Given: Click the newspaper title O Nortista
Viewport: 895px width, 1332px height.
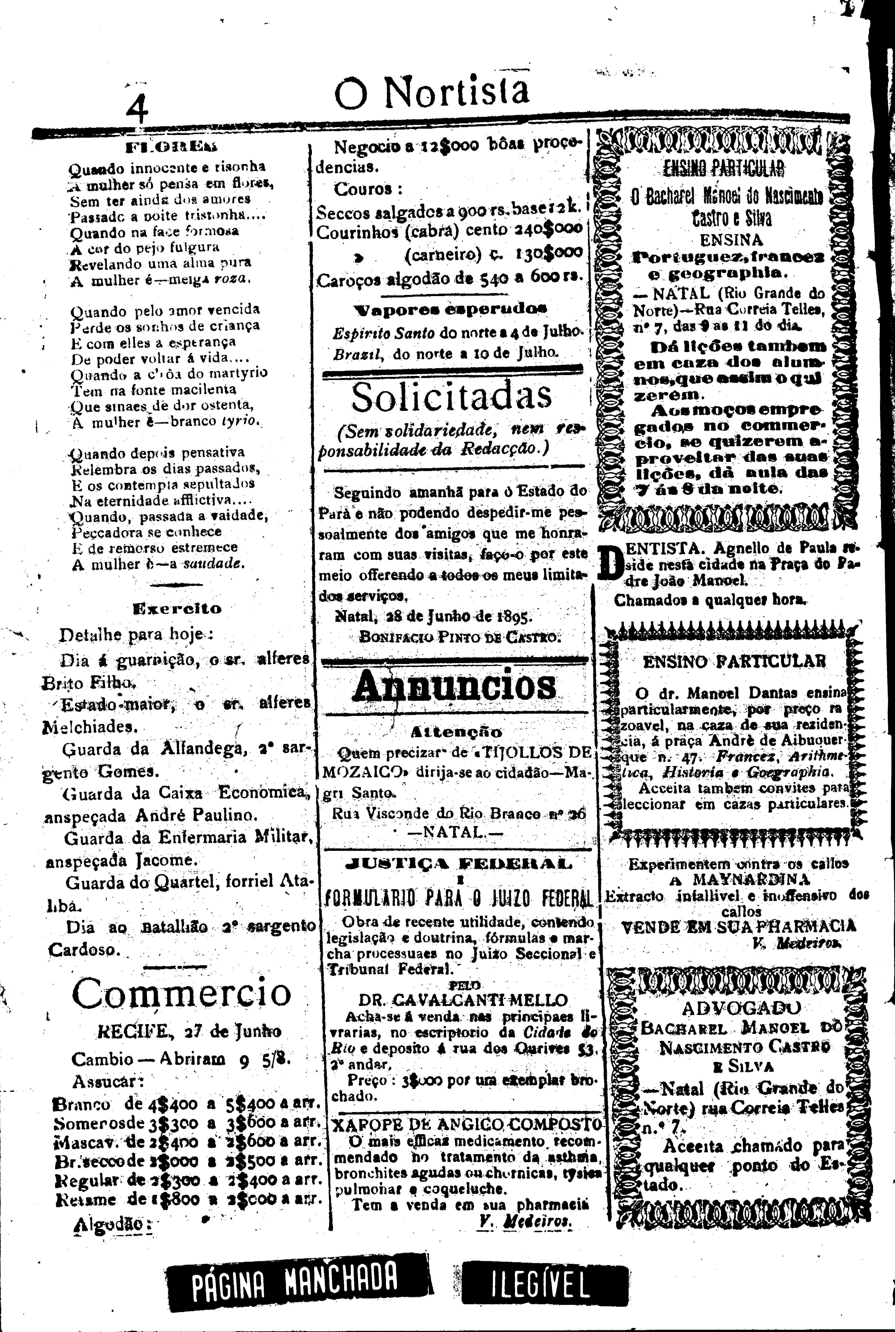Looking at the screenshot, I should pos(432,91).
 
